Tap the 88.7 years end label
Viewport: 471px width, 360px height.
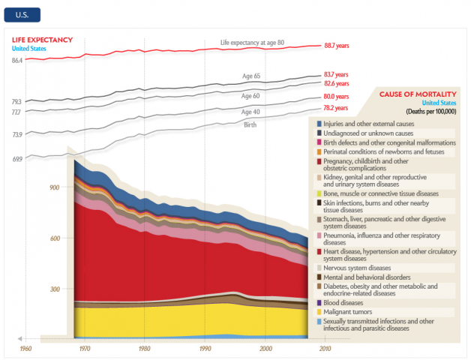337,45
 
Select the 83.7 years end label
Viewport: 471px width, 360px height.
337,75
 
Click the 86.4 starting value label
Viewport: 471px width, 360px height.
16,59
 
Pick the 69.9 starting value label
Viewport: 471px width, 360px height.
16,159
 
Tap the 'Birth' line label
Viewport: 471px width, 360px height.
250,124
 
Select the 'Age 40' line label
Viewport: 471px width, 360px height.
251,112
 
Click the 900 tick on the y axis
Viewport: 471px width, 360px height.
54,187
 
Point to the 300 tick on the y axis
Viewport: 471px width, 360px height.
54,289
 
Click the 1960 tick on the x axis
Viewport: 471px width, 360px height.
25,349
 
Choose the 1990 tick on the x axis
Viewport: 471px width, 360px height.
205,349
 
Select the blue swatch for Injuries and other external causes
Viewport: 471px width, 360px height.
319,123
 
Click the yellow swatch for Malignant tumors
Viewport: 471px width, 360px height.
319,311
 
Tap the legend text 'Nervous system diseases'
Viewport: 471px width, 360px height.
357,268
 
